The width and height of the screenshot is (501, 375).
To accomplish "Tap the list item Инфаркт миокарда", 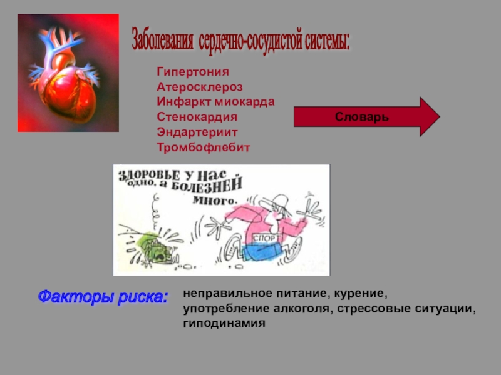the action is [215, 102].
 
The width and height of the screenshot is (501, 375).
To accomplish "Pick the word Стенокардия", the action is [197, 117].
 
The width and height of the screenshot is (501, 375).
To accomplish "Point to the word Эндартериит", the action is [197, 132].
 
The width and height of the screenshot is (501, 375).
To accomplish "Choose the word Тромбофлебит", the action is [203, 147].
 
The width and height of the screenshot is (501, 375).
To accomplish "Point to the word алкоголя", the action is [292, 309].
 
